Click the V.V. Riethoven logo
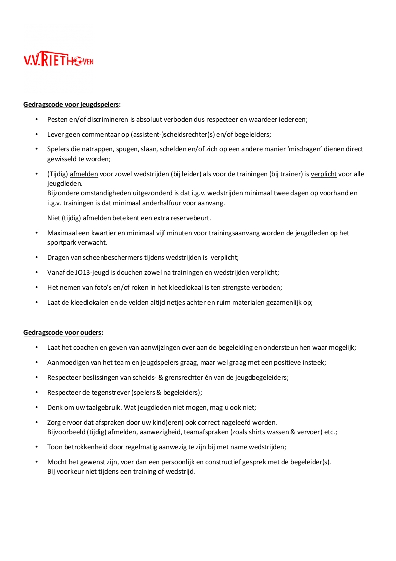pyautogui.click(x=58, y=60)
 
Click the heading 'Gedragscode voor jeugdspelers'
pyautogui.click(x=71, y=105)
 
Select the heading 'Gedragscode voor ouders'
pyautogui.click(x=63, y=333)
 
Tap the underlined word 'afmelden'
pyautogui.click(x=84, y=174)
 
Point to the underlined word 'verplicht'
pyautogui.click(x=324, y=174)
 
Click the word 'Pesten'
pyautogui.click(x=58, y=120)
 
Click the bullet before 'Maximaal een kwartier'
pyautogui.click(x=36, y=233)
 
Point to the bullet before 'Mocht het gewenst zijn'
pyautogui.click(x=36, y=462)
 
